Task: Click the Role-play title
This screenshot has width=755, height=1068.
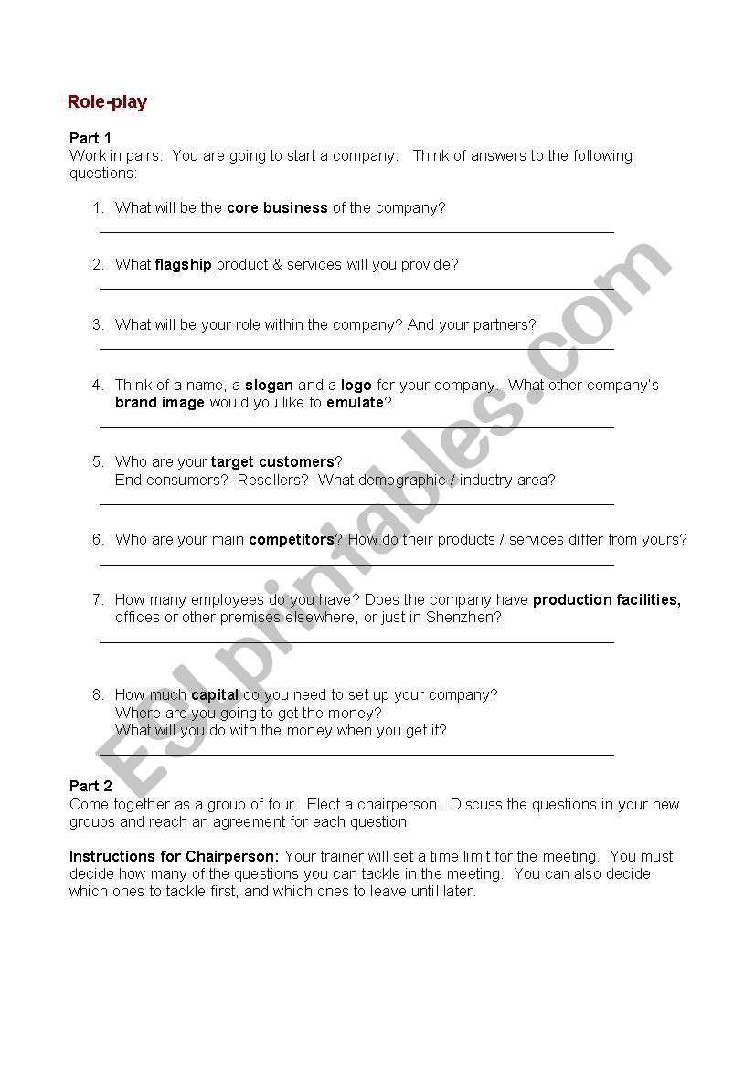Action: pos(107,102)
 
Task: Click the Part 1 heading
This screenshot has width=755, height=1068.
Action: pos(90,138)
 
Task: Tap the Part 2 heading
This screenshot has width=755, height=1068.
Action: pos(90,787)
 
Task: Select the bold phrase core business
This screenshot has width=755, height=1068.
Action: pos(277,208)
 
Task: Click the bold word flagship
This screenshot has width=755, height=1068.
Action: pos(183,265)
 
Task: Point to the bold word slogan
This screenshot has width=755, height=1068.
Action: pos(269,386)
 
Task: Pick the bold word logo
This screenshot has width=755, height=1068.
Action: pos(356,386)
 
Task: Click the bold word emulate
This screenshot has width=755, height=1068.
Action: pos(355,403)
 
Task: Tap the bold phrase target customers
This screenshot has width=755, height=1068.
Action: pos(272,462)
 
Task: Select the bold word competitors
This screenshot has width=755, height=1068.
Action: pos(292,540)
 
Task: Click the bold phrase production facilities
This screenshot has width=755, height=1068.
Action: pos(607,600)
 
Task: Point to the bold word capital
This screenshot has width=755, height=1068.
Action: pos(215,695)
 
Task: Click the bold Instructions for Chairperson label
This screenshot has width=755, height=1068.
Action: pos(175,857)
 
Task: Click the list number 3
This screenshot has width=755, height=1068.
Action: pos(98,325)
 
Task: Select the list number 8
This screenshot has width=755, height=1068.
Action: pos(98,695)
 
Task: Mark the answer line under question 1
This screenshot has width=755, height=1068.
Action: pos(356,233)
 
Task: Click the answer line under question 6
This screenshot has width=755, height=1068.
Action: pos(356,566)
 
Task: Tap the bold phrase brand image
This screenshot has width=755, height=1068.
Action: pos(160,403)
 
